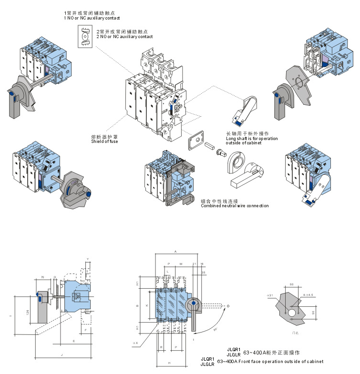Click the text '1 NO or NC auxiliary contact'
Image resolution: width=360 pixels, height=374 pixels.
tap(90, 18)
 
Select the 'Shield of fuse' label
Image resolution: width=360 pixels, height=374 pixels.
tap(105, 142)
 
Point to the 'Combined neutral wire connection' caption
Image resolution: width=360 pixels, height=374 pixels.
tap(234, 206)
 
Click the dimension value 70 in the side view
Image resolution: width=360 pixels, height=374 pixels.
tap(42, 277)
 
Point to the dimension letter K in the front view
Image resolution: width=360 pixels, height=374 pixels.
tap(147, 304)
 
